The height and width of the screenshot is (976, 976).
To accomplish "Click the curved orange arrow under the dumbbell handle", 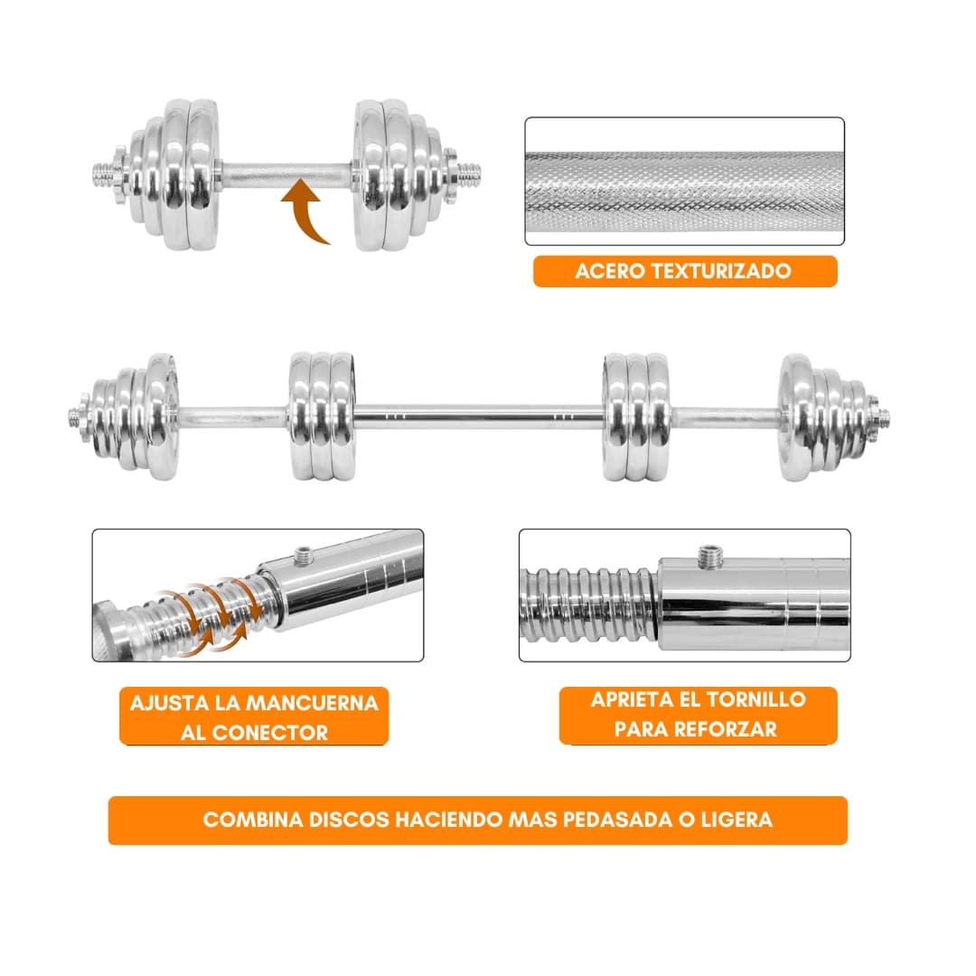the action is pos(303,211).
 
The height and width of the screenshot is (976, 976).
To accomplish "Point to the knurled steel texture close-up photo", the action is pos(684,181).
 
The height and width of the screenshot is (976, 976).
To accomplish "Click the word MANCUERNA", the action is pos(313,703).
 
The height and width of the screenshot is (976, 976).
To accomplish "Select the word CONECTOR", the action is pos(269,733).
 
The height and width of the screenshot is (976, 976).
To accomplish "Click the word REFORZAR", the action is pos(727,729).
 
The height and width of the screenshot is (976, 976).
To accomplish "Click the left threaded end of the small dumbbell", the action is pos(103,175).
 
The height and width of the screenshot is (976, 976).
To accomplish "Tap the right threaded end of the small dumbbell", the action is pos(469,175).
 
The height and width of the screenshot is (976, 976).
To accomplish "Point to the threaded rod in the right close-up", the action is pos(588,604).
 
